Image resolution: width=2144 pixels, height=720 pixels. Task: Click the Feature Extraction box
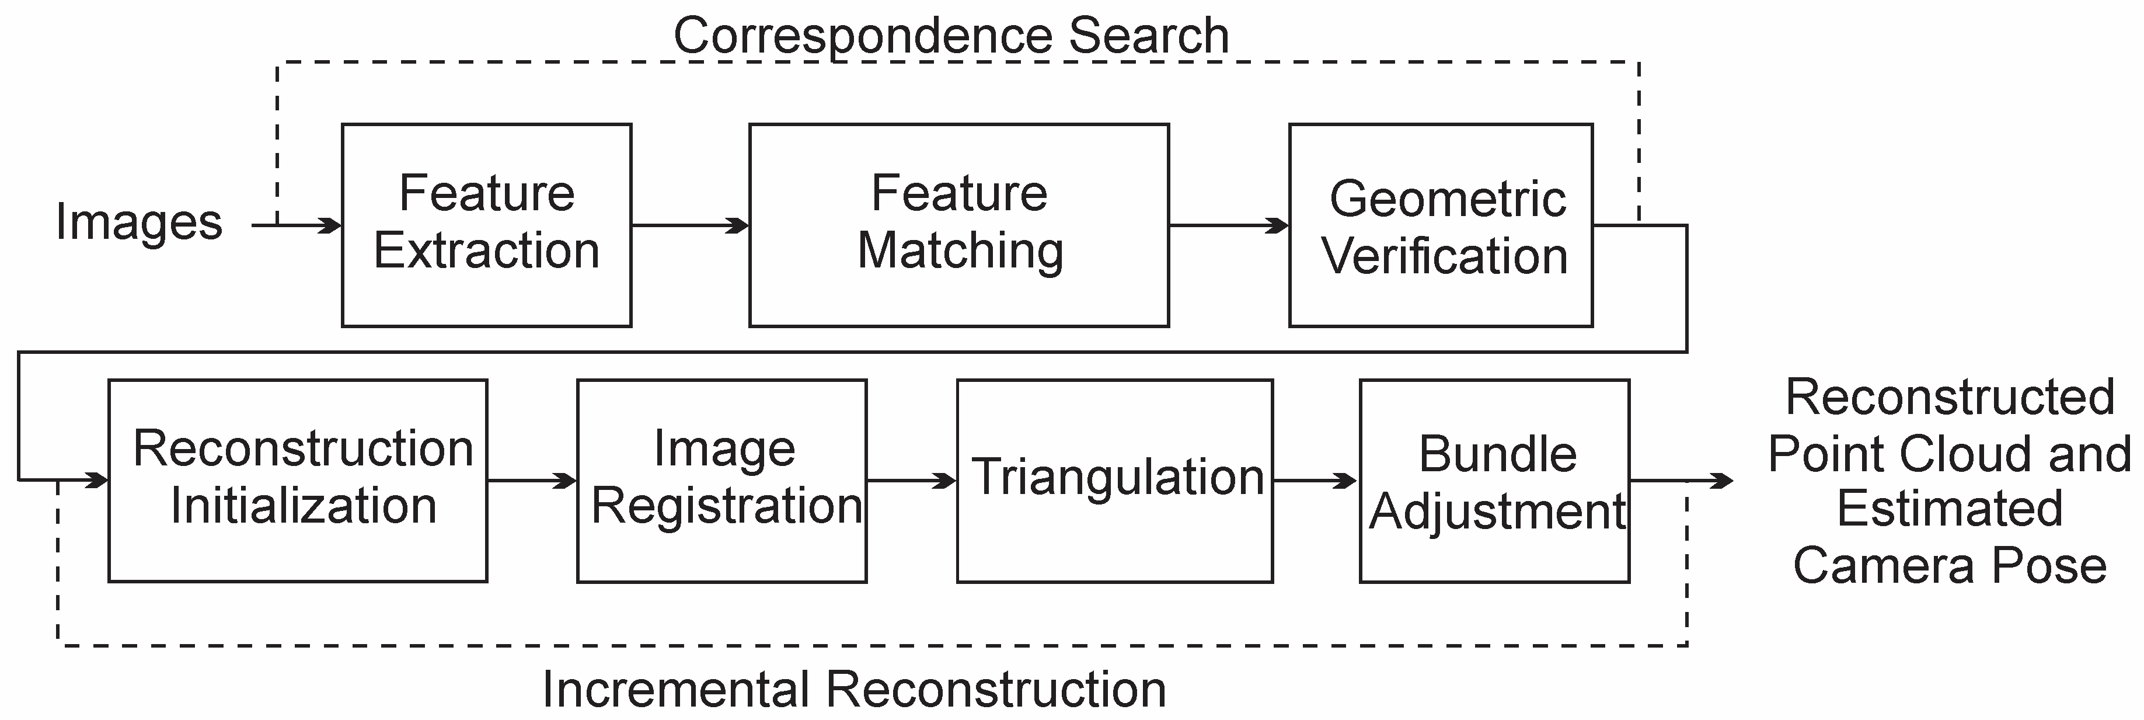point(486,225)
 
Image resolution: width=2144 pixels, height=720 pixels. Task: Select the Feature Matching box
point(959,225)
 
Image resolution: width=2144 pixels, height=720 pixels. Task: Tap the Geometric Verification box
point(1441,225)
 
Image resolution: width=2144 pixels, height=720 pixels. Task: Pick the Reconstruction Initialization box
point(298,480)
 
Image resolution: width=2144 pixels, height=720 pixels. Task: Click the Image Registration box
point(721,480)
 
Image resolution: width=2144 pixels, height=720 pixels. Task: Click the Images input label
point(139,223)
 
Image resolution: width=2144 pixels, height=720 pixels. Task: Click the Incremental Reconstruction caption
point(854,689)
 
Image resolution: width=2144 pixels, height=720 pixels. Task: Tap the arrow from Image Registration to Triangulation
point(911,480)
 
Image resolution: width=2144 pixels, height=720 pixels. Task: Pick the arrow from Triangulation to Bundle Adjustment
point(1315,480)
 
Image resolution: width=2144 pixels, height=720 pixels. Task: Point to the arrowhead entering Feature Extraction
point(331,225)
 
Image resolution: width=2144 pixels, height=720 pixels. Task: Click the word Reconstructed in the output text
point(1949,397)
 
